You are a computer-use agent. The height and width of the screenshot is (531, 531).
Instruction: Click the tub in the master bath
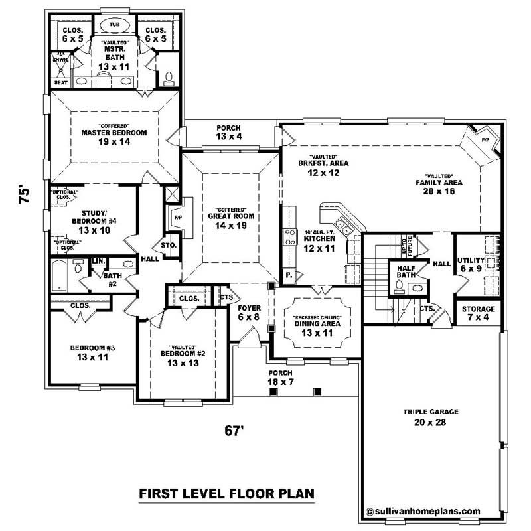coord(114,25)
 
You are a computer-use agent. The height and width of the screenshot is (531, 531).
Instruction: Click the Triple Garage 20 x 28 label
coord(429,417)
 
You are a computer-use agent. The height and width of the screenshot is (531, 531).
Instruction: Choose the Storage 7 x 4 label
coord(478,314)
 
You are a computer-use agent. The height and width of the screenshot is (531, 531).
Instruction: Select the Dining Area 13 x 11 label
coord(317,328)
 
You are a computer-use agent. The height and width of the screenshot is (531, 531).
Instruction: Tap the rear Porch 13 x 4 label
coord(228,132)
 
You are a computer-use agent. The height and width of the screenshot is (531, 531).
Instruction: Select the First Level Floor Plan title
coord(226,494)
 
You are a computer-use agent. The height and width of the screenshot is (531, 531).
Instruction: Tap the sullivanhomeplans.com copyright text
coord(423,511)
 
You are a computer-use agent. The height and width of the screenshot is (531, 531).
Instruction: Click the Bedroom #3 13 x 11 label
coord(92,352)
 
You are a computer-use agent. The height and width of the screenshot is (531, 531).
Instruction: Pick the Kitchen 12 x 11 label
coord(317,242)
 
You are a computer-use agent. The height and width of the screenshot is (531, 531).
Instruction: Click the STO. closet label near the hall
coord(169,245)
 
